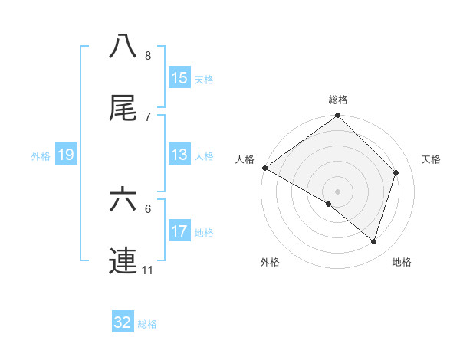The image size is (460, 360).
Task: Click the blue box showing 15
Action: [x=179, y=77]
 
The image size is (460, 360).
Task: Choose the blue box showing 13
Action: [x=179, y=155]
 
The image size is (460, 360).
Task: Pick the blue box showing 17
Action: [x=179, y=231]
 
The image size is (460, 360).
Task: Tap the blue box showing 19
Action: [x=65, y=155]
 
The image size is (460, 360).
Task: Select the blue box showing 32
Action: [x=123, y=322]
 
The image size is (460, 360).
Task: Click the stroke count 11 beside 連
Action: [x=148, y=270]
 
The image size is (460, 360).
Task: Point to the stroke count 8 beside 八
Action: [x=148, y=55]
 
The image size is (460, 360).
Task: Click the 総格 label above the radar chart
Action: [x=338, y=100]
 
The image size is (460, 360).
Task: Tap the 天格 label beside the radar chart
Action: [x=432, y=159]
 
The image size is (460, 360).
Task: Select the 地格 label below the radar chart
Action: [x=402, y=262]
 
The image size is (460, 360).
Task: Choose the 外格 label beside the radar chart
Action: [x=270, y=262]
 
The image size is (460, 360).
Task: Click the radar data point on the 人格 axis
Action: [x=264, y=168]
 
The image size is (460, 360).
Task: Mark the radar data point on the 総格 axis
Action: [x=338, y=116]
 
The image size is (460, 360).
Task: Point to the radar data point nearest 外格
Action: [x=329, y=204]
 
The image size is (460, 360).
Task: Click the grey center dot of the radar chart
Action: [x=338, y=191]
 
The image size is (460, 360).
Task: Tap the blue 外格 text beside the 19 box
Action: [x=41, y=155]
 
